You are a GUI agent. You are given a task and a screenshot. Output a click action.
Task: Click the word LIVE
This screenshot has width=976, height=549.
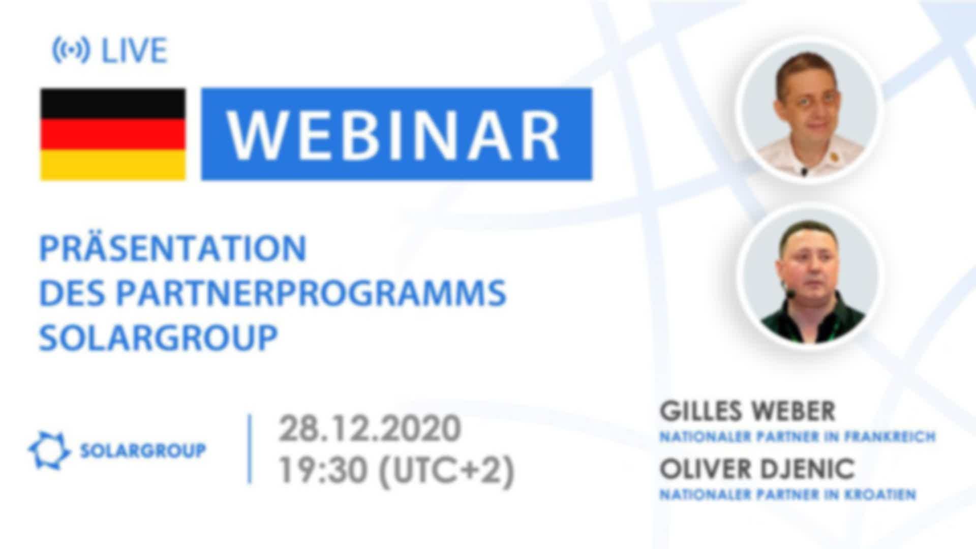click(x=134, y=51)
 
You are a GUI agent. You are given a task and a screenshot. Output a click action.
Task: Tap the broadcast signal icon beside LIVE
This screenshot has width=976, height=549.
click(x=71, y=50)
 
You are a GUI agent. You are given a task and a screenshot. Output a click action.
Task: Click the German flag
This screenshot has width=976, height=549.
click(x=113, y=134)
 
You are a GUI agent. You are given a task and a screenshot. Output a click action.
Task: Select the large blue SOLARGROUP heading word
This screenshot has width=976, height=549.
click(x=158, y=338)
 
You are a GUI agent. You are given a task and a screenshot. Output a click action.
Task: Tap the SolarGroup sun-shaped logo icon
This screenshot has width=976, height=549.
click(x=49, y=450)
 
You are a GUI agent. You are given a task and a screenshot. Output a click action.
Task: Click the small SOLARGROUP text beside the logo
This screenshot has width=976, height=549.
click(x=143, y=450)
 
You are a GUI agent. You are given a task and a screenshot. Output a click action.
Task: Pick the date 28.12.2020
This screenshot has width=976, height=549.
click(x=370, y=429)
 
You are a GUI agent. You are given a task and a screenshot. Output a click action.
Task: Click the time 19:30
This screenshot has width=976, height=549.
click(x=323, y=470)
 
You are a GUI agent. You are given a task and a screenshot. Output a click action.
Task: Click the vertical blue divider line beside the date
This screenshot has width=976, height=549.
click(x=250, y=449)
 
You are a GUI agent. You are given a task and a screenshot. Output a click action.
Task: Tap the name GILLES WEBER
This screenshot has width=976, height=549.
click(x=748, y=411)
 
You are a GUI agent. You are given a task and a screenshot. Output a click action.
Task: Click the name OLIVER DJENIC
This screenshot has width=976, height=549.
click(x=757, y=469)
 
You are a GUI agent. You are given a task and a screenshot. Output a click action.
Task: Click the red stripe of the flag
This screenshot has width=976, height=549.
click(x=113, y=134)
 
